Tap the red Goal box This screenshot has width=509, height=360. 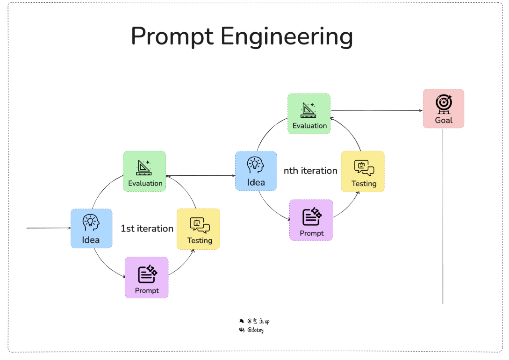444,108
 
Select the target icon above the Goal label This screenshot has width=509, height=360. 444,103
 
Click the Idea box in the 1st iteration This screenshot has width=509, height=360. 91,228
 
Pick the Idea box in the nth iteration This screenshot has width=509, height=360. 256,171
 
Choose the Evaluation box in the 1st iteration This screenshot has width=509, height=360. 145,171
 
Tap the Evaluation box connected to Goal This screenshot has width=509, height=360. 309,114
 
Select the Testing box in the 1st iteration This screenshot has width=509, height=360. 199,229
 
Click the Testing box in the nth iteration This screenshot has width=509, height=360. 363,171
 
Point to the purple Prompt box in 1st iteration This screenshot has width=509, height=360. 146,277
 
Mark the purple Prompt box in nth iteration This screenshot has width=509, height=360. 311,220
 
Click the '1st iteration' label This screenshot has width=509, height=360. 147,229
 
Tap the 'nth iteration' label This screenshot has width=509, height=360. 310,171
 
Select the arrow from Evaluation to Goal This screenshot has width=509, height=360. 376,111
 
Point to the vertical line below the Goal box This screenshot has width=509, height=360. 443,215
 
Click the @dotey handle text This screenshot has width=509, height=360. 255,330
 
